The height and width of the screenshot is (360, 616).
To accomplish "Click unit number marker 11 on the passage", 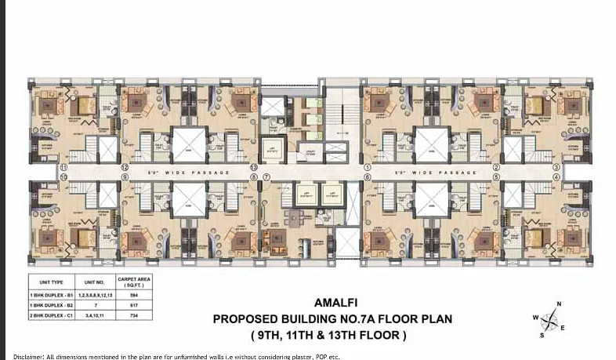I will (63, 168).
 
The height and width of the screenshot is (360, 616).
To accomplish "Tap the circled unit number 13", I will (254, 168).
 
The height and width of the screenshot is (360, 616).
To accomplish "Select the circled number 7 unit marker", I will (266, 177).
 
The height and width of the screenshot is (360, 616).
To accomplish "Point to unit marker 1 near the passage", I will (367, 168).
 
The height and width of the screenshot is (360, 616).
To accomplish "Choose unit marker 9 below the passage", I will (125, 177).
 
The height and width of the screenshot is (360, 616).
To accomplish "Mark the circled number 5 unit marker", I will (495, 177).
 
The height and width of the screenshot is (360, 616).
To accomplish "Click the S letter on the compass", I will (541, 335).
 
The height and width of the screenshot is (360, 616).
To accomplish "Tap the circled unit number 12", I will (125, 168).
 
